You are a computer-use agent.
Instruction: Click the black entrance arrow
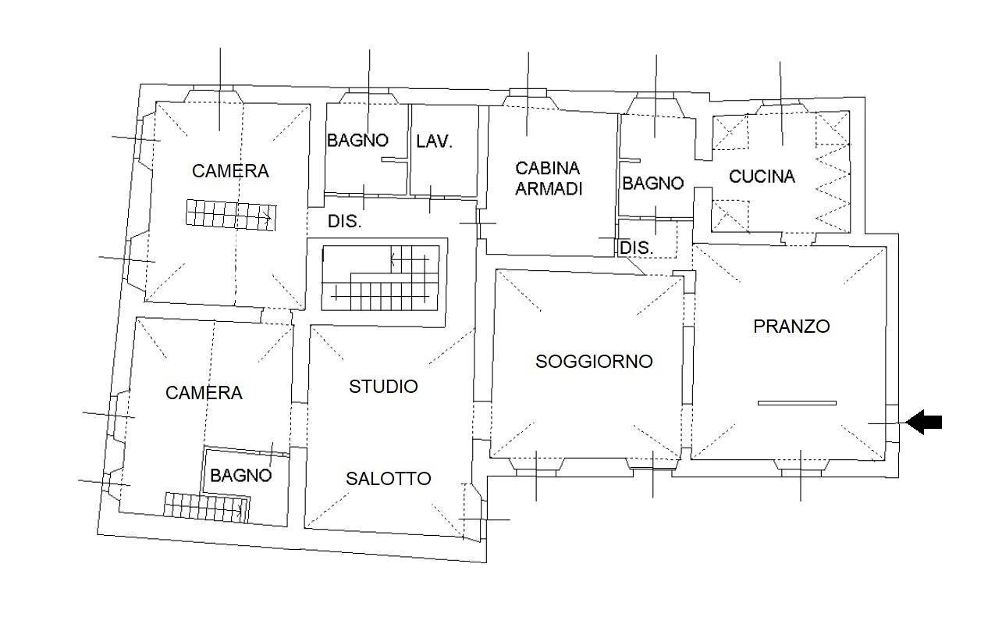925,423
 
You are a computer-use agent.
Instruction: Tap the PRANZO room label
791,327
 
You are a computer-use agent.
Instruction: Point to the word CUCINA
762,177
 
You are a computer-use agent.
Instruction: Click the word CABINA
548,168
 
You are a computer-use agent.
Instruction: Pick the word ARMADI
549,189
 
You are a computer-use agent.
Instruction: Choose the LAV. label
435,141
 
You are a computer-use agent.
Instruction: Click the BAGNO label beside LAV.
357,141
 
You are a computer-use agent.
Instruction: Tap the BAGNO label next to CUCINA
652,184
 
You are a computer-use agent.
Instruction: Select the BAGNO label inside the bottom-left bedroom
241,475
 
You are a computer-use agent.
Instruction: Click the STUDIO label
383,387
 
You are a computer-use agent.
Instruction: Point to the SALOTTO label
389,479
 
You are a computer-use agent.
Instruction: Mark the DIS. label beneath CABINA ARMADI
636,248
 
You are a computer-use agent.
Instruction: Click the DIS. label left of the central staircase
344,222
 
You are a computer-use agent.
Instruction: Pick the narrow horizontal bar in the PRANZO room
797,403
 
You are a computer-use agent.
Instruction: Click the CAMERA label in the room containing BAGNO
204,393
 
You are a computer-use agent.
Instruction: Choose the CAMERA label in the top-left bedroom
230,171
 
